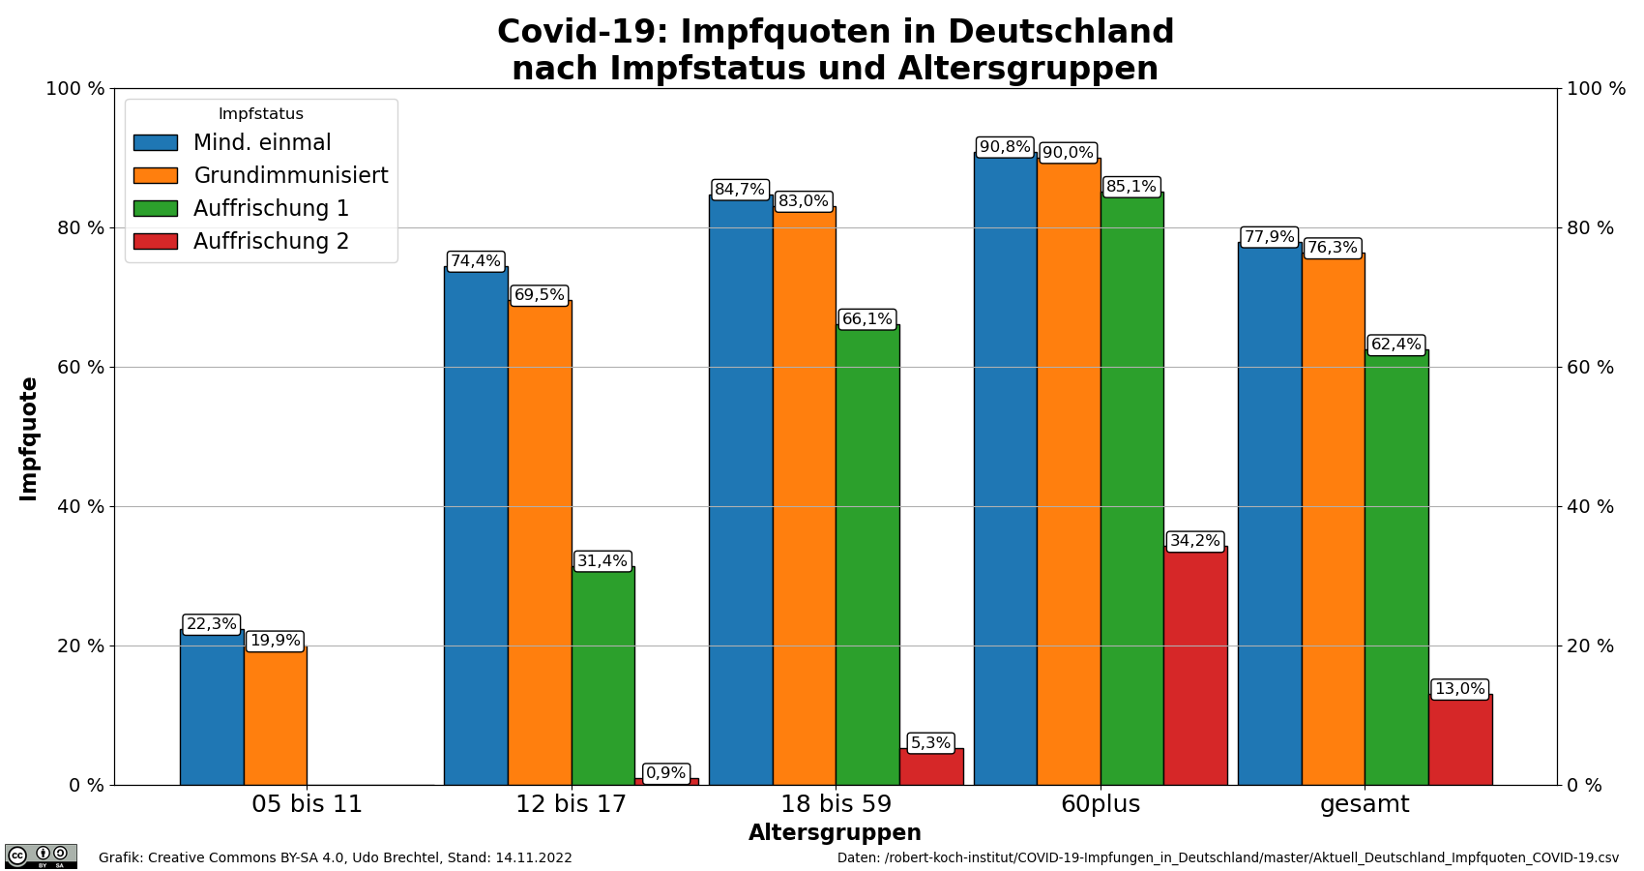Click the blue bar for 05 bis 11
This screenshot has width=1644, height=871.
tap(211, 711)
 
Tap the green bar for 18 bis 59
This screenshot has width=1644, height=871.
tap(866, 556)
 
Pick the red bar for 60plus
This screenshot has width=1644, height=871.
tap(1194, 668)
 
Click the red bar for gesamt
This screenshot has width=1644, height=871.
tap(1459, 740)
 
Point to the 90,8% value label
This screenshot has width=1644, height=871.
tap(1005, 147)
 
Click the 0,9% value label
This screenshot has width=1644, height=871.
tap(665, 773)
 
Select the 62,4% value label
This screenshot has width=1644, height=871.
tap(1395, 345)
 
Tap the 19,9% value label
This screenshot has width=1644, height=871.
tap(275, 641)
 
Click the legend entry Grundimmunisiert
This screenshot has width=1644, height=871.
tap(290, 175)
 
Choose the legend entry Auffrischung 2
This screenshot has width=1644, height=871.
tap(271, 241)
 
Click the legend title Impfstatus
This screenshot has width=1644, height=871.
tap(261, 114)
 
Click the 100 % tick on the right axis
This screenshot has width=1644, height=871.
tap(1596, 89)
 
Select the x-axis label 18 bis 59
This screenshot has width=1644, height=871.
tap(836, 804)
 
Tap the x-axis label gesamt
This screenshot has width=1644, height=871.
tap(1365, 804)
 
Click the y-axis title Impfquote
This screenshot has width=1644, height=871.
tap(29, 437)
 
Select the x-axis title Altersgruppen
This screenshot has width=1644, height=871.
tap(835, 833)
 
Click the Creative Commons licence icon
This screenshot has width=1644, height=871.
tap(41, 856)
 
